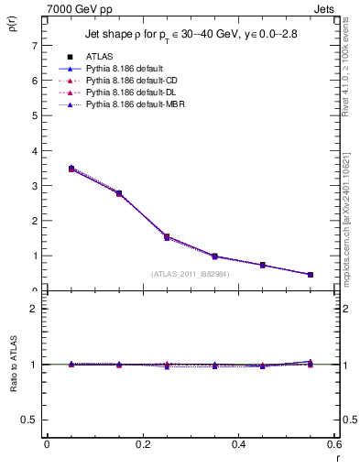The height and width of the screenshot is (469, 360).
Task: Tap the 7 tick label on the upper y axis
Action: coord(33,45)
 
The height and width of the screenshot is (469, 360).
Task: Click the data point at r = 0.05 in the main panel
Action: coord(47,169)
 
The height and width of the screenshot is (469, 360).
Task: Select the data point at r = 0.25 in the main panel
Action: coord(141,236)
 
